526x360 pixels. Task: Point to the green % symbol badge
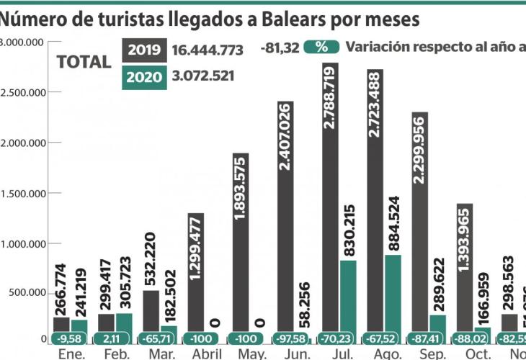coord(321,47)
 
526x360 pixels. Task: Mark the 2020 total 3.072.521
coord(203,76)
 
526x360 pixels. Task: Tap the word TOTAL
coord(84,61)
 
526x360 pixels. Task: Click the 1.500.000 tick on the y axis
coord(25,193)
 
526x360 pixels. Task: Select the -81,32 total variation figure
coord(279,48)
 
